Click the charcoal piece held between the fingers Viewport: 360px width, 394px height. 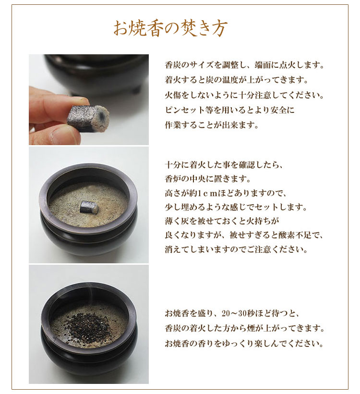[88, 117]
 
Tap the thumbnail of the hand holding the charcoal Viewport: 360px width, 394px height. [89, 99]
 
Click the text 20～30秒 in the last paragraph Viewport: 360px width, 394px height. [239, 314]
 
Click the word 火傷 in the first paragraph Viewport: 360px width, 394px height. [172, 95]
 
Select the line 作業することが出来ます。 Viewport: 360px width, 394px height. [212, 125]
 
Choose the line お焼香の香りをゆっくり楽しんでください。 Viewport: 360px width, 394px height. [243, 345]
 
